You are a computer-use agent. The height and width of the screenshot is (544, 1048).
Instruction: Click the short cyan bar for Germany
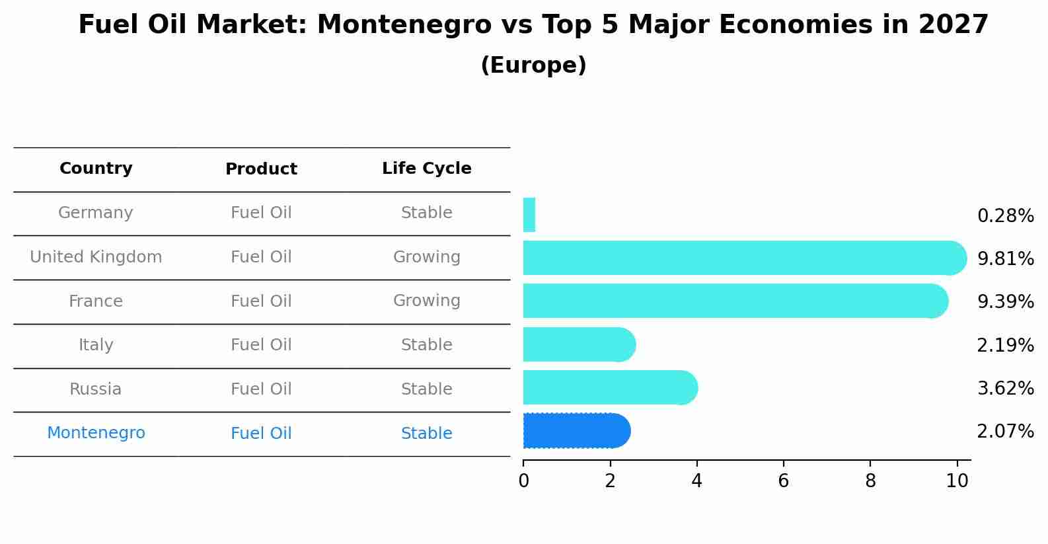tap(529, 215)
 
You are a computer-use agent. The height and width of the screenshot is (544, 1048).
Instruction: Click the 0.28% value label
tap(1005, 216)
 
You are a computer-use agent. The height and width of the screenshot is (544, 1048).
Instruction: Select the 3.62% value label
tap(1005, 388)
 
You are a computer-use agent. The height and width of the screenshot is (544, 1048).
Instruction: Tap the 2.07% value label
tap(1005, 432)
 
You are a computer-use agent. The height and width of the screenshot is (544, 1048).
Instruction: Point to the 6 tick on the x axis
tap(783, 481)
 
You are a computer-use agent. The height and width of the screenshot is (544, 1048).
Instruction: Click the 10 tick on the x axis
tap(957, 481)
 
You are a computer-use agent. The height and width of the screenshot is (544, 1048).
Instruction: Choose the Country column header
tap(96, 169)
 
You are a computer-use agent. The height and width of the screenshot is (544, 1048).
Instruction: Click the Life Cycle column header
tap(426, 169)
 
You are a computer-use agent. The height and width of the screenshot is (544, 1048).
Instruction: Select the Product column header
tap(261, 169)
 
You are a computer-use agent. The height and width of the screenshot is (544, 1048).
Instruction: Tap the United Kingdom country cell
tap(96, 257)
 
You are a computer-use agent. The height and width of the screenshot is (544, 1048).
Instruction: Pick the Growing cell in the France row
tap(426, 301)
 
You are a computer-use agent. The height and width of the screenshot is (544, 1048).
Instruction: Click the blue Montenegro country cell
tap(96, 433)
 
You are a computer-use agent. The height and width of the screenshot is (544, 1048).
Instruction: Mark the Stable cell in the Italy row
tap(426, 345)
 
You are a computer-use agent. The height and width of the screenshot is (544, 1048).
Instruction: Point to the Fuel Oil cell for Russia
tap(261, 389)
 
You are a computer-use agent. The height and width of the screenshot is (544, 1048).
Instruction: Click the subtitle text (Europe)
tap(533, 65)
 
